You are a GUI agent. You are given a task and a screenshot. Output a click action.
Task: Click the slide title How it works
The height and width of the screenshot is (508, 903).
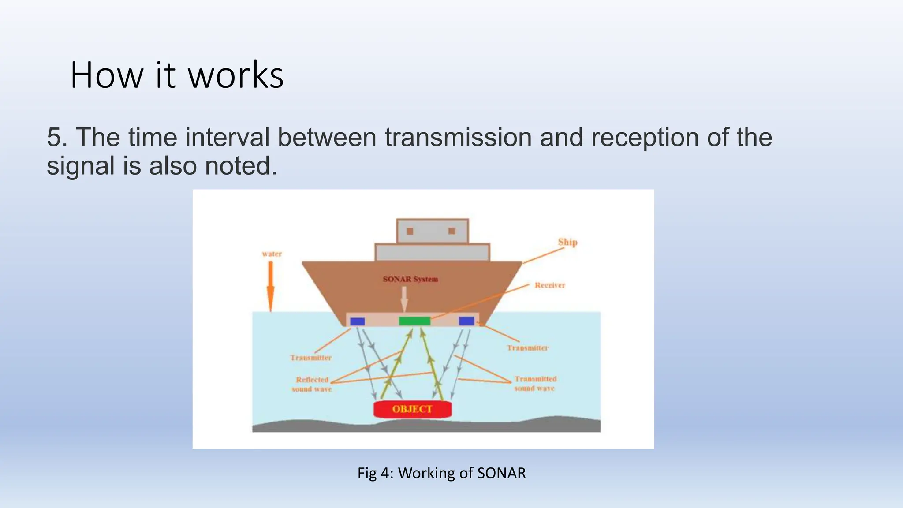[176, 75]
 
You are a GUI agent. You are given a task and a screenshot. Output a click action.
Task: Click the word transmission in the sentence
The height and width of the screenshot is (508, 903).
[458, 137]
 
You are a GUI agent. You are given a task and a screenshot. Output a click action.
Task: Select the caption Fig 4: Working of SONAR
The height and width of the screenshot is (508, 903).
[441, 473]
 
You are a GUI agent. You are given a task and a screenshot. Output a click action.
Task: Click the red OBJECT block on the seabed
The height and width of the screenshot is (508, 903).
[412, 409]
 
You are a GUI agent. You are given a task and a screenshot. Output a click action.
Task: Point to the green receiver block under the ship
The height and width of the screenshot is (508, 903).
[414, 321]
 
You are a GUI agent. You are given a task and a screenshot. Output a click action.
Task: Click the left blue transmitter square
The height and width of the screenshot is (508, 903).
[357, 321]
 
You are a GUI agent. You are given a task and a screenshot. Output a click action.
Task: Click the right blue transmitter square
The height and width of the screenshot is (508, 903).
[466, 321]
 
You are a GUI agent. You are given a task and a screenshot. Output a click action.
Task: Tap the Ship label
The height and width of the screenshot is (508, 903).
[567, 242]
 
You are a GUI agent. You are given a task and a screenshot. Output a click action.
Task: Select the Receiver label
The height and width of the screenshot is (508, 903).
[550, 285]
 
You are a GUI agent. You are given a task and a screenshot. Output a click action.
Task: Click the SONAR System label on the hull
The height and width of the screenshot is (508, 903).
[410, 279]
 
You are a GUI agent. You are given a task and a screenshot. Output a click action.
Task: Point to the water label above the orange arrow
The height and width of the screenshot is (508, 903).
[272, 254]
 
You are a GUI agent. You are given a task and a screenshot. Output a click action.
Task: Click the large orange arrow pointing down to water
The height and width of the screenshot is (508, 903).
[271, 287]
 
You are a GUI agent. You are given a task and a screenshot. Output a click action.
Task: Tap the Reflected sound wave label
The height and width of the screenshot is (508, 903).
[312, 384]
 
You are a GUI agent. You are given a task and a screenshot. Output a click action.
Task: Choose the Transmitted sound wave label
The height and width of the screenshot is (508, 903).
[535, 383]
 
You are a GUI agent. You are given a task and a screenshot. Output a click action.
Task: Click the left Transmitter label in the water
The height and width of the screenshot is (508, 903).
[311, 358]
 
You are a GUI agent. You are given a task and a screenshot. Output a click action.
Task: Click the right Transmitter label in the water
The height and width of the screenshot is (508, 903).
[527, 348]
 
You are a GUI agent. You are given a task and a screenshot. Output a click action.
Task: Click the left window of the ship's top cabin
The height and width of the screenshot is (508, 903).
[410, 231]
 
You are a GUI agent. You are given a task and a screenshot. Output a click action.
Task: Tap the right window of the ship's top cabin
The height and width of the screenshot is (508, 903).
[451, 231]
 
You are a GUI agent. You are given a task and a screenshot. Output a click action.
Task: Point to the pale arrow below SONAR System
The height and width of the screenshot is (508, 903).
[404, 300]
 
